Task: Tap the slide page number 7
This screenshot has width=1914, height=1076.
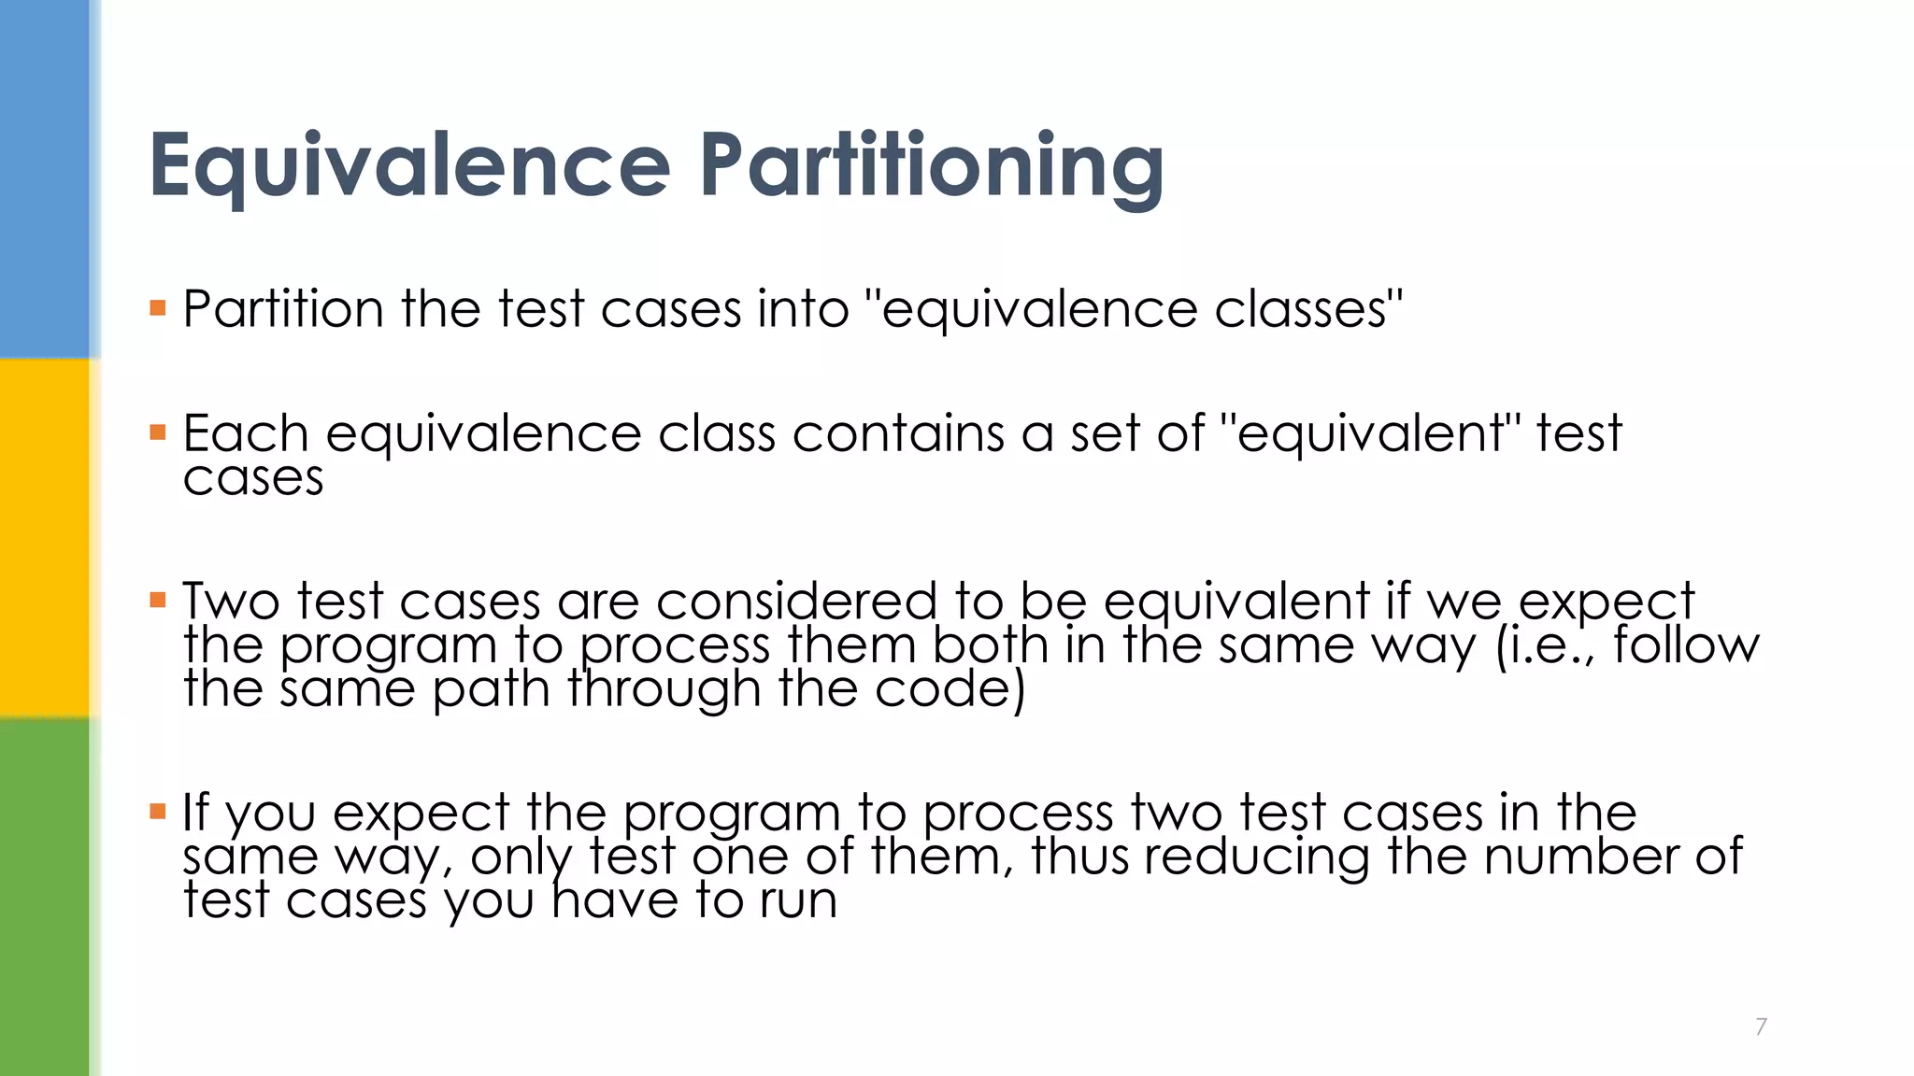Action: pos(1761,1026)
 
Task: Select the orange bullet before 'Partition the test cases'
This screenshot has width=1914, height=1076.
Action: pos(158,307)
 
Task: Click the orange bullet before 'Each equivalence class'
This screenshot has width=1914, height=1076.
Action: pos(158,432)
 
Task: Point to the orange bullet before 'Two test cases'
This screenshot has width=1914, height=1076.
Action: pos(158,600)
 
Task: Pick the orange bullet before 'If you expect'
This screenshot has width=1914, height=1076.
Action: pos(158,811)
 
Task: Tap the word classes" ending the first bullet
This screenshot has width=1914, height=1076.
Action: pos(1308,309)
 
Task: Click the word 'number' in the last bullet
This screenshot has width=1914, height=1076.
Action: pos(1581,856)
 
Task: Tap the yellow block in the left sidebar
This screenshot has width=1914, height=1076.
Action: pos(45,537)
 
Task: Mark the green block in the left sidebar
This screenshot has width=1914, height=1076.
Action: pos(45,897)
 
